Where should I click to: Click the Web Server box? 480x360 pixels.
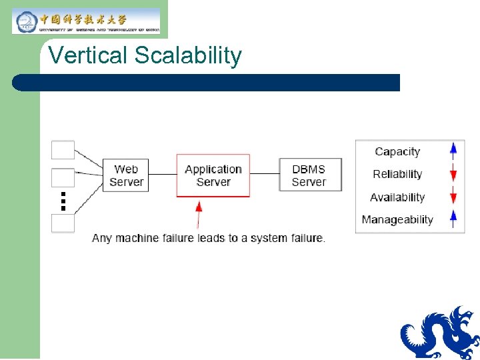tap(126, 175)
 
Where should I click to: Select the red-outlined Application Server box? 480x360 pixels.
tap(213, 176)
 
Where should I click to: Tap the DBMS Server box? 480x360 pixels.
tap(309, 175)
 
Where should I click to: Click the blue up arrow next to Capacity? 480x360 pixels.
tap(453, 151)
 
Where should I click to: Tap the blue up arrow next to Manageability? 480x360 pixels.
tap(453, 219)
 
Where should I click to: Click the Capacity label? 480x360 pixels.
tap(397, 151)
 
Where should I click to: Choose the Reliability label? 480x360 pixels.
tap(397, 174)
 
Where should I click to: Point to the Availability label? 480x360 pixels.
tap(397, 197)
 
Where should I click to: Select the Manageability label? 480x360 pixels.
tap(397, 219)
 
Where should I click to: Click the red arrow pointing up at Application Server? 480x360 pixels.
tap(198, 213)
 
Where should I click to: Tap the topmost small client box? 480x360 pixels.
tap(63, 150)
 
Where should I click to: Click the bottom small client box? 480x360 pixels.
tap(63, 223)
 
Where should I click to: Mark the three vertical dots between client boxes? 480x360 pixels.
tap(63, 201)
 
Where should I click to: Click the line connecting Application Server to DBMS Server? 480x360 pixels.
tap(265, 174)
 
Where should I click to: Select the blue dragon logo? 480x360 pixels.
tap(439, 333)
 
